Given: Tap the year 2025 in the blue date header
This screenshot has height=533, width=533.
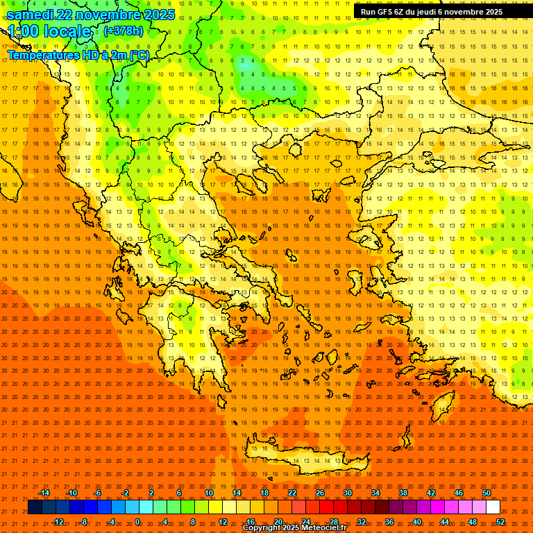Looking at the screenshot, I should pos(155,15).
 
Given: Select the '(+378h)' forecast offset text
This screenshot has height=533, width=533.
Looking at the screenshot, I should pos(124,31).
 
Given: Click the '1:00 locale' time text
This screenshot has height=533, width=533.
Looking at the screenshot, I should pos(49,31).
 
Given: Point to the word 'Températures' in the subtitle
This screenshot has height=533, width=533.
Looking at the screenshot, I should pos(41,55).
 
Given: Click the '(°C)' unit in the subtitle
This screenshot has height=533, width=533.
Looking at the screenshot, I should pos(139,55).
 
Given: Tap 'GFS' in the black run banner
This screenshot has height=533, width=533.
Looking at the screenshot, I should pos(383,12).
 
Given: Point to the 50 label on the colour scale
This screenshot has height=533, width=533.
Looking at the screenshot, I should pos(486,493).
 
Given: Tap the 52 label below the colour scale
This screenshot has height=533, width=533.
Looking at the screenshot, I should pos(500,522).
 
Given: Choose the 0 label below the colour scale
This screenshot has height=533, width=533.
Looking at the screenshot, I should pos(137,522).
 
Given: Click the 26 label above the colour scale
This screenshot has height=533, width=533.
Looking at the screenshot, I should pos(320,493).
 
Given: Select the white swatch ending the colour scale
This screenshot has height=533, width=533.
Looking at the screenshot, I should pos(493,507).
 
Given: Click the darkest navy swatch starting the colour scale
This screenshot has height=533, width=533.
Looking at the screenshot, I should pos(35,507).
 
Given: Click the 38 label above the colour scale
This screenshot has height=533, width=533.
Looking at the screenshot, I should pos(403,493).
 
